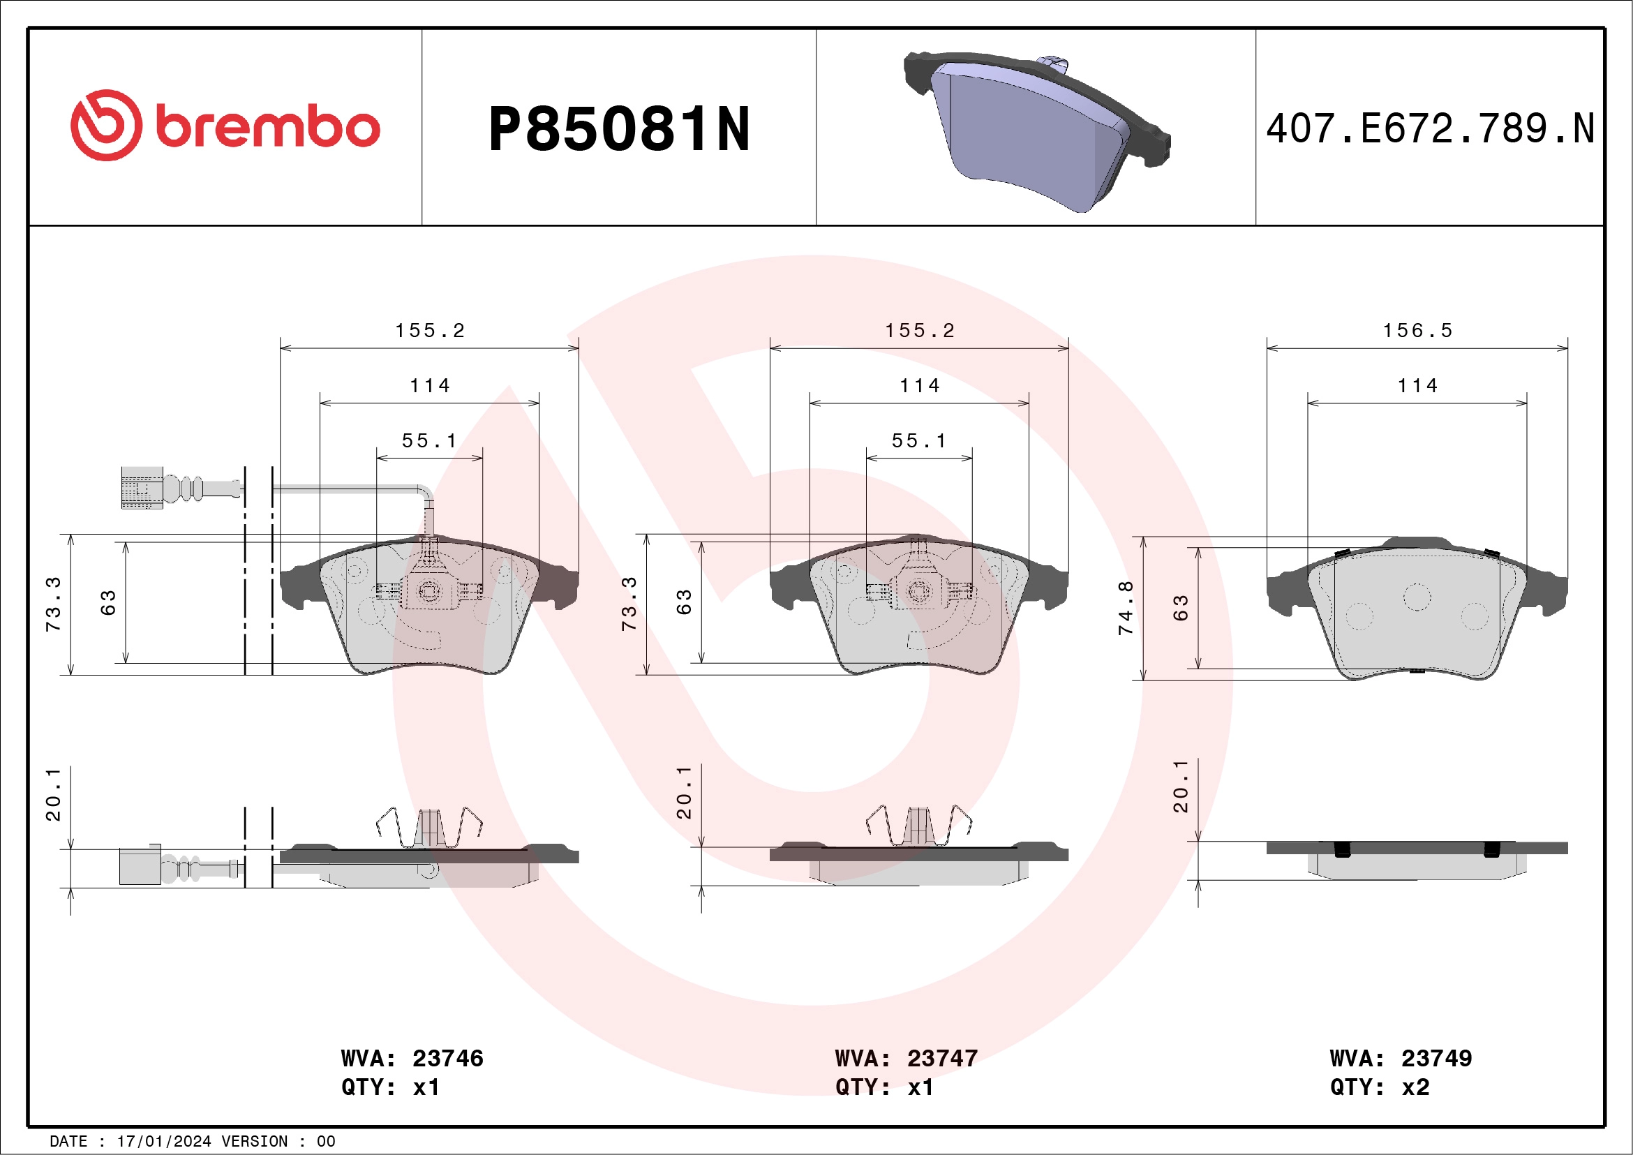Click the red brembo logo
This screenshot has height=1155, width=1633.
coord(225,126)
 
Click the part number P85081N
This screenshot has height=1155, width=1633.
coord(619,129)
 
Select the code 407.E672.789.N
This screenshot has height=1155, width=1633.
coord(1430,128)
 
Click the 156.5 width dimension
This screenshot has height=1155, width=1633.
coord(1417,331)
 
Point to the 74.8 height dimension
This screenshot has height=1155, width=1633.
coord(1125,608)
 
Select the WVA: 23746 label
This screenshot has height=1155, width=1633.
coord(412,1058)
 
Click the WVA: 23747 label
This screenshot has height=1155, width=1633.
coord(906,1058)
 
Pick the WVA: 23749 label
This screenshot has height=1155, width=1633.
coord(1401,1058)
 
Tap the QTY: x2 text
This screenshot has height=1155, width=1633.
coord(1379,1087)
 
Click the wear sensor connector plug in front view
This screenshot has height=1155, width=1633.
coord(142,488)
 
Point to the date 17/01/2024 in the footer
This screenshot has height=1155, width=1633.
coord(163,1142)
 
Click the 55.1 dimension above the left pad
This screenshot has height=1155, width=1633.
coord(430,441)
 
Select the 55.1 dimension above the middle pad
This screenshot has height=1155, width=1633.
coord(919,441)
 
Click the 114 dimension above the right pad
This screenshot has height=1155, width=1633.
coord(1417,386)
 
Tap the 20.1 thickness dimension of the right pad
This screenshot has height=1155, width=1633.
coord(1181,787)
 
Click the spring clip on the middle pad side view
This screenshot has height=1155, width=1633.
coord(919,826)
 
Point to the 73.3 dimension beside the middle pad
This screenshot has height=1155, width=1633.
coord(629,604)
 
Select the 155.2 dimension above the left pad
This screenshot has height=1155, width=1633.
coord(430,331)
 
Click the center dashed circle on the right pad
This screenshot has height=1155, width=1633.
coord(1417,597)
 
